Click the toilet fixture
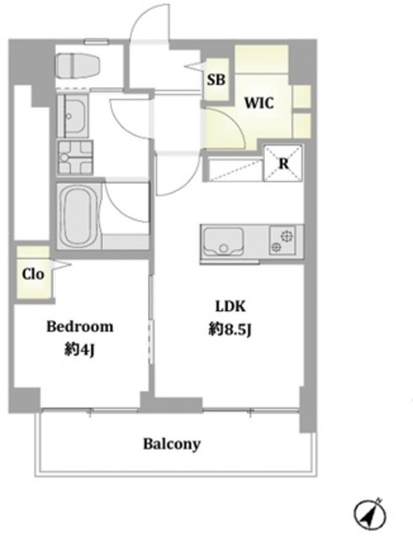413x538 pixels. [77, 66]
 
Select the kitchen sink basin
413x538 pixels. [223, 240]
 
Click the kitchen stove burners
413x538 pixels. [282, 240]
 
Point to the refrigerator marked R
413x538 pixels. [283, 163]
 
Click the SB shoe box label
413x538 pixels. [216, 80]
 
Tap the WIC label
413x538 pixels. [259, 103]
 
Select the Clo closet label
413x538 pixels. [33, 274]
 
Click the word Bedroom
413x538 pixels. [80, 326]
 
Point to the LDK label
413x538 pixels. [230, 306]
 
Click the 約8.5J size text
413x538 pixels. [230, 330]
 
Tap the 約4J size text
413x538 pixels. [80, 350]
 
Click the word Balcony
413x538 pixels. [172, 444]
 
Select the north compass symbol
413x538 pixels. [370, 514]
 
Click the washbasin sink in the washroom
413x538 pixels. [71, 116]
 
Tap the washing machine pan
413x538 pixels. [75, 157]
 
